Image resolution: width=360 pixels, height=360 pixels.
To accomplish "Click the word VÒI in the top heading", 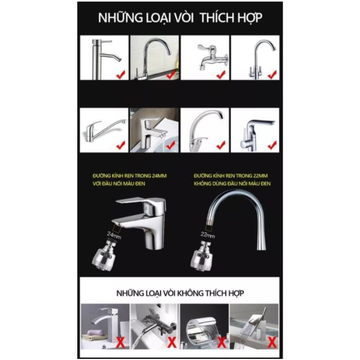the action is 184,17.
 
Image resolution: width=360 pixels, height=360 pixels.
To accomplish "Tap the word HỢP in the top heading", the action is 250,17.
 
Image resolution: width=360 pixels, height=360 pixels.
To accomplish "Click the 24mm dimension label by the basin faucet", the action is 114,236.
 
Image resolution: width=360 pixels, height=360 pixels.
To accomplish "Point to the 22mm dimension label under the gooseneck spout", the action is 208,235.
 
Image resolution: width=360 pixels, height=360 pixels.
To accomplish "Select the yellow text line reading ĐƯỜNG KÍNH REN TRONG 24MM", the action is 130,176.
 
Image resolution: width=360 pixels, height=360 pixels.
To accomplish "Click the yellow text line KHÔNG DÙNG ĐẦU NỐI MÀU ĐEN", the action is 232,184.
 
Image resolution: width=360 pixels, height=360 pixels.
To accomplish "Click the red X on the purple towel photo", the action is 120,343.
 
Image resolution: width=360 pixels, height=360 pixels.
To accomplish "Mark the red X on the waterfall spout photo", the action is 221,343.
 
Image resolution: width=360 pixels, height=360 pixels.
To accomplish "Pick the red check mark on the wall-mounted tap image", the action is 221,75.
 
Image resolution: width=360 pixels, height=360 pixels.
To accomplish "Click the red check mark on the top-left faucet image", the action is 121,75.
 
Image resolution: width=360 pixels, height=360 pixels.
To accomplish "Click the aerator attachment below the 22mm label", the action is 201,255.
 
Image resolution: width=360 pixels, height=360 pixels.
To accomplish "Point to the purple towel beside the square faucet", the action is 95,332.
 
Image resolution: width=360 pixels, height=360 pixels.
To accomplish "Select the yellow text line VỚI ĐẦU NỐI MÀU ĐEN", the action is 119,184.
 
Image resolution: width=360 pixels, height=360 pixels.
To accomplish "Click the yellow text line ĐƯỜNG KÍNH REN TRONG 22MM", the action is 231,176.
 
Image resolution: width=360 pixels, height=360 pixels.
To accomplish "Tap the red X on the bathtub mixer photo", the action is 172,343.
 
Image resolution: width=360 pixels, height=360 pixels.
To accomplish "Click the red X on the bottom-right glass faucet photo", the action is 272,343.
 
